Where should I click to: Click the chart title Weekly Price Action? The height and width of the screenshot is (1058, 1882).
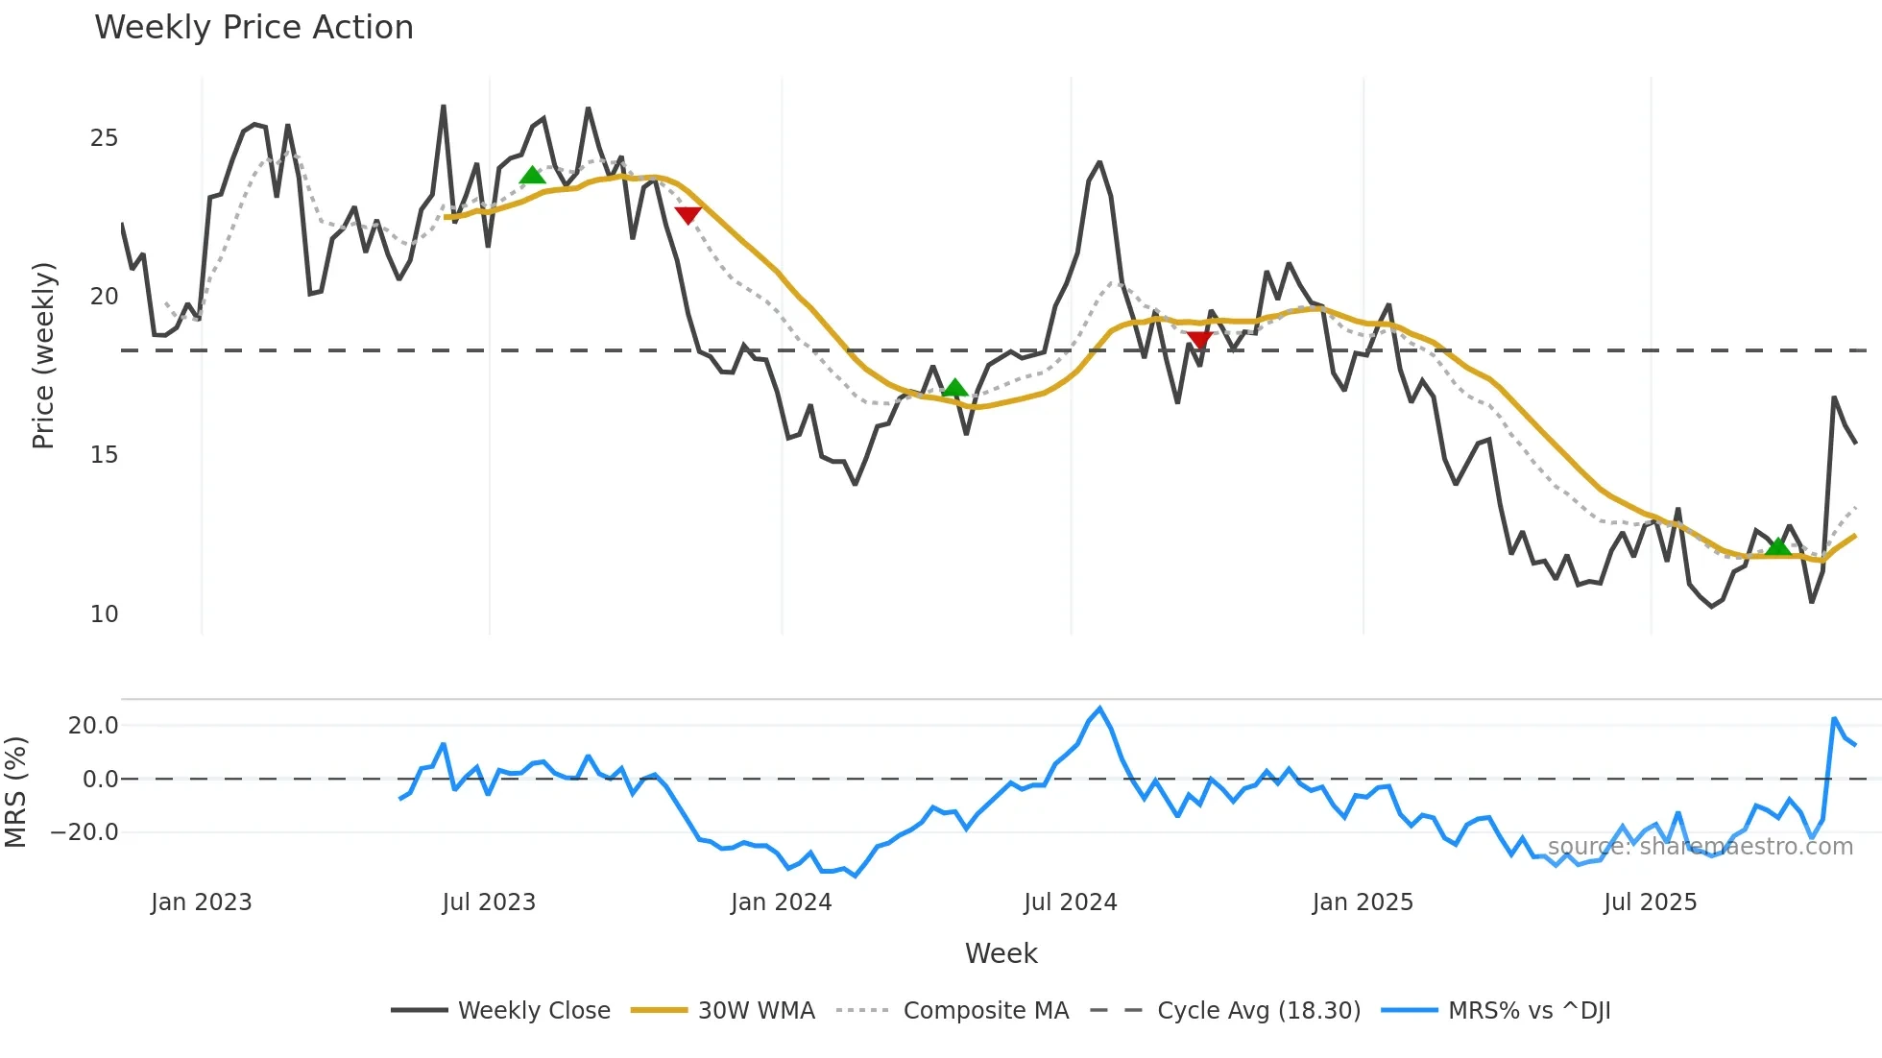(253, 28)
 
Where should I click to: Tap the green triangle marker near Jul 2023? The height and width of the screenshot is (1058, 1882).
(532, 176)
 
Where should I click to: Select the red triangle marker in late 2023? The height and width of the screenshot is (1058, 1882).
(688, 215)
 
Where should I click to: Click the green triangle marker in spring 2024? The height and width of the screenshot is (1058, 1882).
(954, 389)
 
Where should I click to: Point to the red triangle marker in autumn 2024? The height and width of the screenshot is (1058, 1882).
(1199, 339)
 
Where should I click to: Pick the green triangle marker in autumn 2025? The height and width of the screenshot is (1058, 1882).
(1777, 547)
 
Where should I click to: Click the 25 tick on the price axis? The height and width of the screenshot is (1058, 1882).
(104, 138)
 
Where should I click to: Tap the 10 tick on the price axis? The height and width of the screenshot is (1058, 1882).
(104, 614)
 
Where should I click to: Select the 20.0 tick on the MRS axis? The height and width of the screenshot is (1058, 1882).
(93, 726)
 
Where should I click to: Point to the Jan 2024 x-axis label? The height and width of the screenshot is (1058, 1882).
(781, 902)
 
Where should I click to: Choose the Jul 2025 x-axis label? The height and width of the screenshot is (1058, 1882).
(1650, 902)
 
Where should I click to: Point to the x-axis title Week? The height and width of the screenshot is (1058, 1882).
(1001, 953)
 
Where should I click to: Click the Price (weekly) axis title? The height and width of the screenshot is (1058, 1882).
(43, 355)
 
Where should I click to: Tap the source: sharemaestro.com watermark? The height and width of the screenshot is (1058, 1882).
(1700, 847)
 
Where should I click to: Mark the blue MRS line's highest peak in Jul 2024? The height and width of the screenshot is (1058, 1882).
(1099, 709)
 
